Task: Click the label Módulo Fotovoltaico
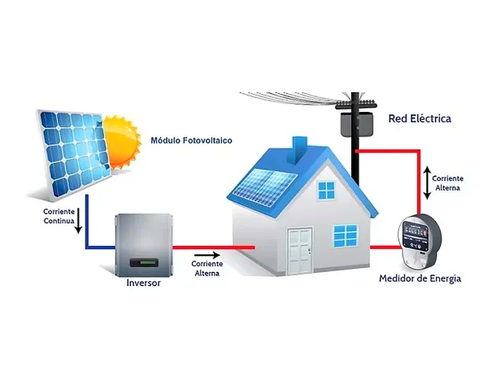tap(191, 140)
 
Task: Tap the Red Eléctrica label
tap(420, 118)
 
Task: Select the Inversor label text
tap(143, 283)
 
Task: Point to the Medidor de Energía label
tap(420, 279)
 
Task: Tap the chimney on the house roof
tap(300, 150)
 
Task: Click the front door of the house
tap(300, 252)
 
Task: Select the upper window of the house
tap(327, 190)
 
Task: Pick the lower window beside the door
tap(345, 236)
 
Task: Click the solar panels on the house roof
tap(264, 187)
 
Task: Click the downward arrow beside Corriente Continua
tap(79, 221)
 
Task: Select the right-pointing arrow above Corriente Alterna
tap(207, 255)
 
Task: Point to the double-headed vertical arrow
tap(427, 183)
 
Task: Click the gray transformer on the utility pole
tap(357, 124)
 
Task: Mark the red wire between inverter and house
tap(213, 248)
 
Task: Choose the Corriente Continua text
tap(59, 216)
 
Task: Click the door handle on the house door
tap(309, 250)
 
